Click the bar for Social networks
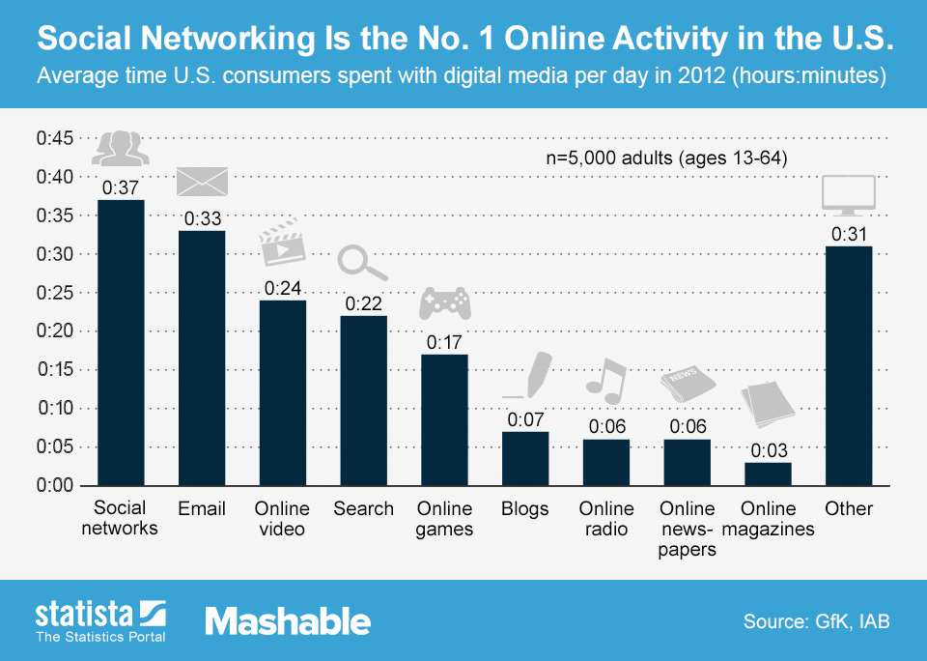coord(121,342)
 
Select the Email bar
coord(202,358)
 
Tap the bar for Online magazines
coord(768,474)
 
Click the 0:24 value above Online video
coord(283,288)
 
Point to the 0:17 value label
coord(444,342)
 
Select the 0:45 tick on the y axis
coord(55,138)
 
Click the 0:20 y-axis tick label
coord(55,330)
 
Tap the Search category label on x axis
coord(363,508)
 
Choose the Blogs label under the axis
coord(525,508)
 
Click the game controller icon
coord(443,302)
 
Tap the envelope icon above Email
coord(202,182)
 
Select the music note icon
coord(606,380)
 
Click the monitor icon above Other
coord(848,194)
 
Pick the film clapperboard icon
coord(282,242)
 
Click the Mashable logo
coord(287,620)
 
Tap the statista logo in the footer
coord(100,619)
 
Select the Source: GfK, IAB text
coord(816,621)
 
